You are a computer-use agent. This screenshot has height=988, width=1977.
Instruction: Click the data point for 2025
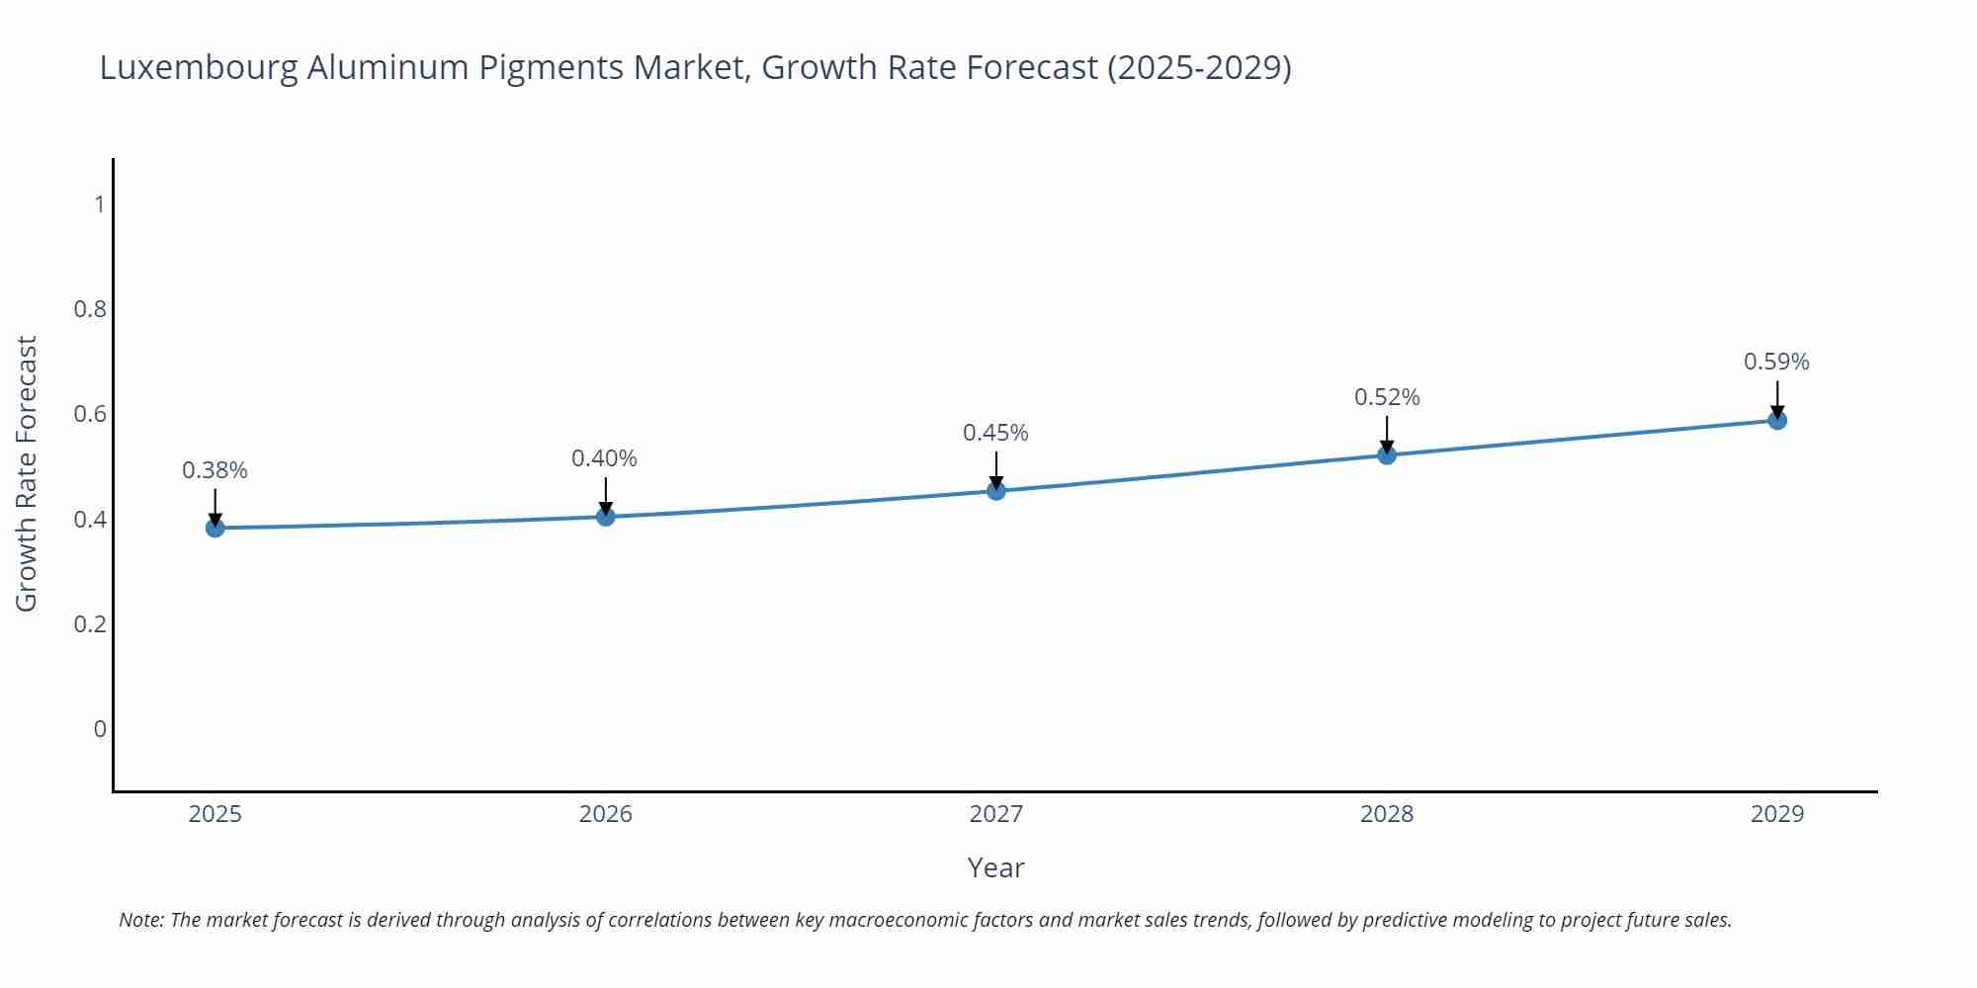215,528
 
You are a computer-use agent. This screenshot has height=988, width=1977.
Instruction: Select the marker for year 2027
995,490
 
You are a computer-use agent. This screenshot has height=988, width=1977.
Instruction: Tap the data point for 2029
1776,420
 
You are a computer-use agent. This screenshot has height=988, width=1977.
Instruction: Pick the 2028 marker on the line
1386,454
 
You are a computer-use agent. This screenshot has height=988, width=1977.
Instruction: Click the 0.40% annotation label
604,458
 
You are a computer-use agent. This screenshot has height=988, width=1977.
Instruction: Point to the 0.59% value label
1775,362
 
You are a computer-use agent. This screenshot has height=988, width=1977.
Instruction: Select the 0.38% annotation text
215,470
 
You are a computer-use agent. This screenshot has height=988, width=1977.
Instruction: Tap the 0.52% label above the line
1386,397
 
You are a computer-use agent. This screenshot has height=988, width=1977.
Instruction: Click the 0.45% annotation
995,433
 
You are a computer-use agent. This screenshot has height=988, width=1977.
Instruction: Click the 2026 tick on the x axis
605,814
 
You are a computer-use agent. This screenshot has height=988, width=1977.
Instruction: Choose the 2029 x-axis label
1776,814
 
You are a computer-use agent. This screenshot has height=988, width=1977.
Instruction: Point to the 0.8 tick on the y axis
90,309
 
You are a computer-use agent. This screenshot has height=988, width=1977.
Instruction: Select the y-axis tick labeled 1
99,205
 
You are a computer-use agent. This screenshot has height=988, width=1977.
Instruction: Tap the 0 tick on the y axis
99,729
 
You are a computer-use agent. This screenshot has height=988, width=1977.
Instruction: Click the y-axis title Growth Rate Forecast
27,474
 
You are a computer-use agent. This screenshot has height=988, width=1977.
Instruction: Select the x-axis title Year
995,867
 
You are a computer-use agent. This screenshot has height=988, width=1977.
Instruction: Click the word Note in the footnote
140,920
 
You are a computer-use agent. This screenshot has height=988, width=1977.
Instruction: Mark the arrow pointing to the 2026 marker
605,496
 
